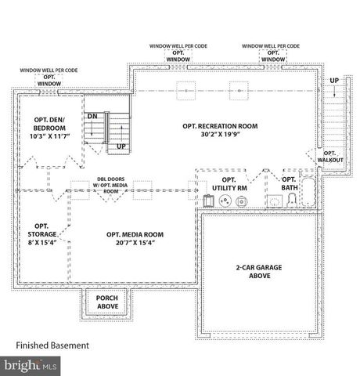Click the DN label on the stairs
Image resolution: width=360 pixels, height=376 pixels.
click(x=92, y=116)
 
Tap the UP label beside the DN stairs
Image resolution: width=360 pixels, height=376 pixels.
click(x=121, y=146)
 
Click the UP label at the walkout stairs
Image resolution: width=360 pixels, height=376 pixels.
click(x=334, y=81)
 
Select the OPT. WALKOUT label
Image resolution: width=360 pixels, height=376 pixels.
click(x=329, y=157)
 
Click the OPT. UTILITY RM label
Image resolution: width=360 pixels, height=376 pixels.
click(x=229, y=183)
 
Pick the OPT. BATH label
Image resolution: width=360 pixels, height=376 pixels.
click(x=289, y=183)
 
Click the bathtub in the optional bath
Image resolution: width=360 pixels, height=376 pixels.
click(x=308, y=196)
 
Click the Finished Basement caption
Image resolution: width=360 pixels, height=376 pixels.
click(x=52, y=345)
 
